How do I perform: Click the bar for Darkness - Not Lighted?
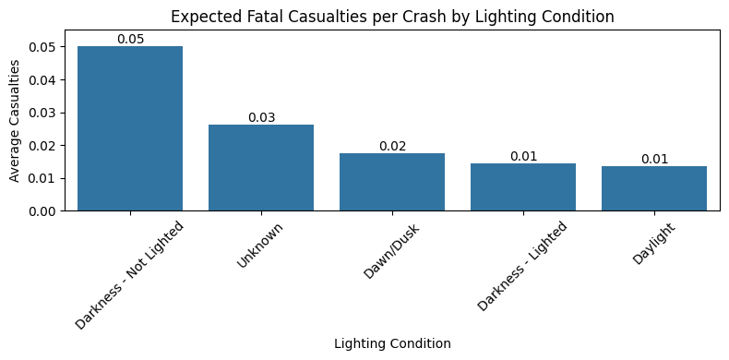click(x=130, y=128)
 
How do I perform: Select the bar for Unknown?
click(x=261, y=167)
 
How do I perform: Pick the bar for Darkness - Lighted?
click(x=523, y=187)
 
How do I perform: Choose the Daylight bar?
click(x=654, y=188)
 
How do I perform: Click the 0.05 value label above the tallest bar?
click(x=130, y=39)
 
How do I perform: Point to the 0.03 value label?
click(x=261, y=117)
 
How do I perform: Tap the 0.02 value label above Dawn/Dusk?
click(x=392, y=146)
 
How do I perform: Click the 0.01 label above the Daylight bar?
click(x=654, y=159)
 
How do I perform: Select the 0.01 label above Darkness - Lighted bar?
click(x=523, y=156)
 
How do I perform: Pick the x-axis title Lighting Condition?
click(x=392, y=343)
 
